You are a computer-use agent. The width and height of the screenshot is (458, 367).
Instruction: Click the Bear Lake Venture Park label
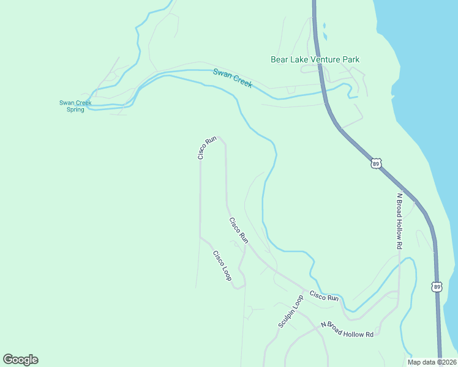[315, 59]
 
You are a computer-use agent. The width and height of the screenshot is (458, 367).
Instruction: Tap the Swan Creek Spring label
[75, 106]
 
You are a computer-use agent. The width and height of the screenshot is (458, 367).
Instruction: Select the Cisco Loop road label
[222, 266]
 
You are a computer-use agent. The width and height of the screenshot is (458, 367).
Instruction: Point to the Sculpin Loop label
[290, 312]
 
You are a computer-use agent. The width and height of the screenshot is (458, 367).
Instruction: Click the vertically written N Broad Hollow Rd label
[399, 221]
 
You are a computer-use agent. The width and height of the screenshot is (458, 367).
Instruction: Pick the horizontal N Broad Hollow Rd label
[347, 330]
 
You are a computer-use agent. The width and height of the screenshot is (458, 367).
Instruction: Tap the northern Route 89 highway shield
[376, 163]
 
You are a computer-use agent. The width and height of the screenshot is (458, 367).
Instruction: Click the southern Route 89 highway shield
[436, 286]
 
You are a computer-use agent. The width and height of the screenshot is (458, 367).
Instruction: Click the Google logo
[20, 360]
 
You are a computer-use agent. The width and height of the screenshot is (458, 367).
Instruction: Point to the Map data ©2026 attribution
[432, 362]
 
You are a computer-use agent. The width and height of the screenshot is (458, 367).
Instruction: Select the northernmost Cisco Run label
[208, 148]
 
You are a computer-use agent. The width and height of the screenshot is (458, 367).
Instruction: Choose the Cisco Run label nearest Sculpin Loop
[324, 297]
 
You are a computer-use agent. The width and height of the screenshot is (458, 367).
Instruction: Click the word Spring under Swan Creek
[75, 109]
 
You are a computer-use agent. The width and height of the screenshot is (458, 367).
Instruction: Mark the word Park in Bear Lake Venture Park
[351, 59]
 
